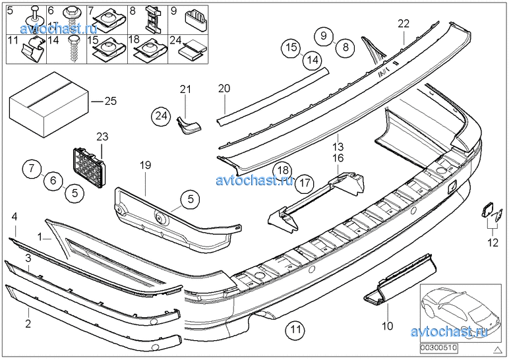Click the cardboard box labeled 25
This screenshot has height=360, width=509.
pyautogui.click(x=48, y=104)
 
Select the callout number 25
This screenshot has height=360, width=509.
pyautogui.click(x=110, y=101)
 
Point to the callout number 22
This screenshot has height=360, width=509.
pyautogui.click(x=403, y=24)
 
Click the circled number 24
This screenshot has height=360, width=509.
pyautogui.click(x=160, y=115)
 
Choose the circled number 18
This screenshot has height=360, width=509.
pyautogui.click(x=282, y=171)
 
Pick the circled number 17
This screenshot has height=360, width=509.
pyautogui.click(x=304, y=182)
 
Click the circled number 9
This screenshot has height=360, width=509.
pyautogui.click(x=323, y=35)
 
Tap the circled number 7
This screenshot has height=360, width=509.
pyautogui.click(x=32, y=169)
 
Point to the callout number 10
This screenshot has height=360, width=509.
pyautogui.click(x=388, y=325)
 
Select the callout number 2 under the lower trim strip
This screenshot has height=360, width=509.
pyautogui.click(x=28, y=323)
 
